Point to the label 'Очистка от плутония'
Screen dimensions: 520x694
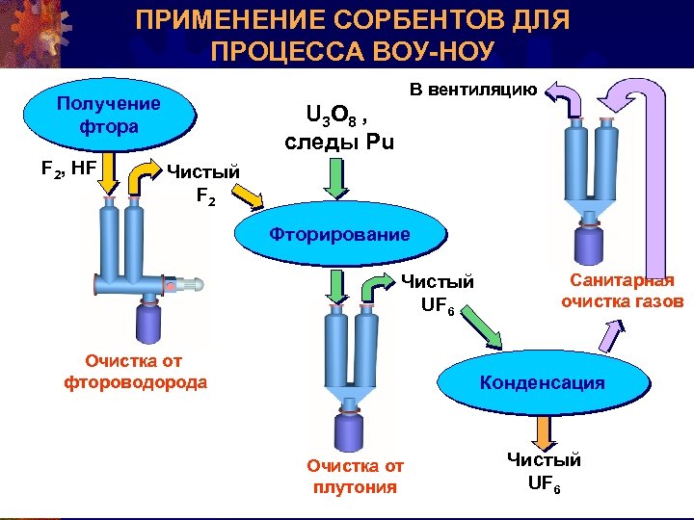tap(356, 477)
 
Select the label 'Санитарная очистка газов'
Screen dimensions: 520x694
tap(622, 291)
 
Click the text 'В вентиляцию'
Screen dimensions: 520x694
tap(473, 91)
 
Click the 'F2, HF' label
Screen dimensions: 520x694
tap(68, 168)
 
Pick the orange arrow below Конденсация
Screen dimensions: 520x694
tap(544, 430)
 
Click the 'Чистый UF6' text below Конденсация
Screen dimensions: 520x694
tap(544, 471)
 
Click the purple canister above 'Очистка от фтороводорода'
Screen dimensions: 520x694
tap(149, 323)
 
